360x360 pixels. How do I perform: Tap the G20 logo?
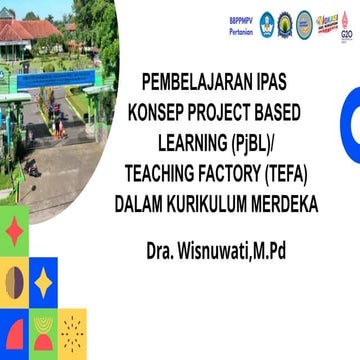click(347, 24)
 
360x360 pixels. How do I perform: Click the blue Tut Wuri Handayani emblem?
click(267, 24)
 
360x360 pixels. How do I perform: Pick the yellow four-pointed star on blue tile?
click(43, 282)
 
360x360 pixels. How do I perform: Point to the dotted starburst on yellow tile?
click(72, 331)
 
